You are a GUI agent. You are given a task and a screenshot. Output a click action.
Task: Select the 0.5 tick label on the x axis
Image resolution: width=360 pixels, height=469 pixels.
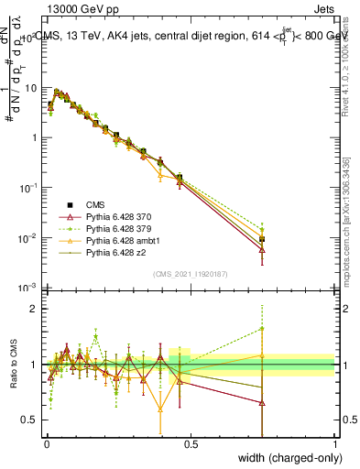click(191, 445)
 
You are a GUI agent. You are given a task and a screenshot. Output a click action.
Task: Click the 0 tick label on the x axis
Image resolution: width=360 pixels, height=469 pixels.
click(46, 445)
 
